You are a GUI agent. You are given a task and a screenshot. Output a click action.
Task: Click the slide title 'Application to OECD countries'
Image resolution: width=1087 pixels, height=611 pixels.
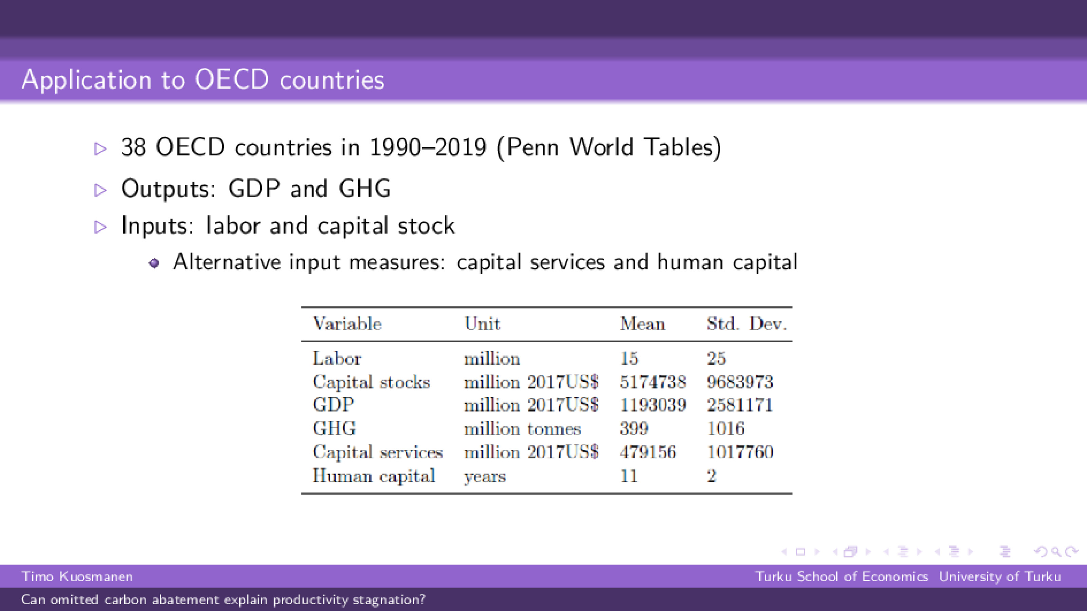coord(203,80)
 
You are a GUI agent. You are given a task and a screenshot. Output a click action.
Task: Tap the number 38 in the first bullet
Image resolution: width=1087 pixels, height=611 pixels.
coord(133,147)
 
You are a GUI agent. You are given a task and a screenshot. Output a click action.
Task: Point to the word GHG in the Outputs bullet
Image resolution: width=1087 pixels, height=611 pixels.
coord(364,189)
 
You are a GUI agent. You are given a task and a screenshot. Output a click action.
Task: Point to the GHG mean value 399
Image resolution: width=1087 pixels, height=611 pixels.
coord(634,429)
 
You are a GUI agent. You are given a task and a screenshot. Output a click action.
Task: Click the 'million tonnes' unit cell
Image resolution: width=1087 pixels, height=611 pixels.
coord(522,429)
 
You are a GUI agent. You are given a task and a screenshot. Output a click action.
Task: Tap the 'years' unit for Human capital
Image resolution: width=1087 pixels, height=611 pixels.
coord(485,476)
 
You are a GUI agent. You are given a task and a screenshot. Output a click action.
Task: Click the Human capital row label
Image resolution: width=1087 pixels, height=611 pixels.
coord(373,476)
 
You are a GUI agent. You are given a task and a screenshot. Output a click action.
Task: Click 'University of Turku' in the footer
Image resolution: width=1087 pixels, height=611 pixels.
coord(1000,576)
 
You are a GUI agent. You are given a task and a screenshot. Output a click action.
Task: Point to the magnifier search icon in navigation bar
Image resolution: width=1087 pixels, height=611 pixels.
coord(1056,552)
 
